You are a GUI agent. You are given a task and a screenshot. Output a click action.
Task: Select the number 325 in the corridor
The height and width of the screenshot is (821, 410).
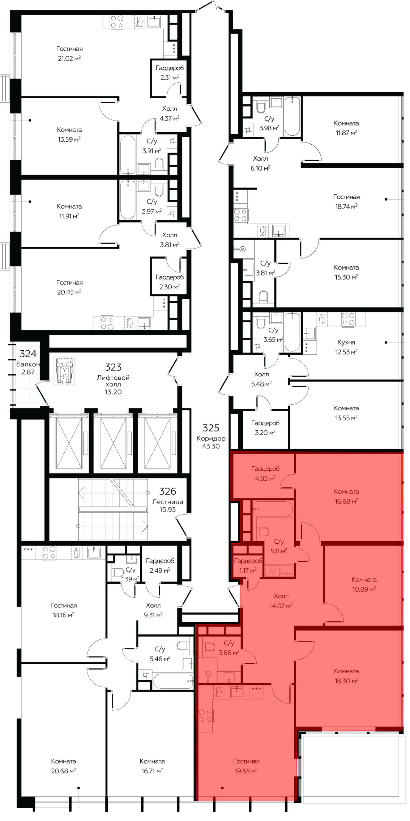211,428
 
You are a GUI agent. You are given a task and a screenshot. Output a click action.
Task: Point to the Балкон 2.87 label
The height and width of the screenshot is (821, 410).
28,368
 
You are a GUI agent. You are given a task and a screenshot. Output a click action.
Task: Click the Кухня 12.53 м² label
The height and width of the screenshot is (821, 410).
346,347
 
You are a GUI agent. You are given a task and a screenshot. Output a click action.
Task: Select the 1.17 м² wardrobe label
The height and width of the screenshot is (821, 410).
248,570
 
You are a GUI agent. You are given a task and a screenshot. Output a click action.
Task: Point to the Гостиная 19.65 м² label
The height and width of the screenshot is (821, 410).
246,766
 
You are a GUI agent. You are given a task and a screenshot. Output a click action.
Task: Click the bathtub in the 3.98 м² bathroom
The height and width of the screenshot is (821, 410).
292,117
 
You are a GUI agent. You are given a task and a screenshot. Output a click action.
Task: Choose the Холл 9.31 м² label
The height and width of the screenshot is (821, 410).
153,610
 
